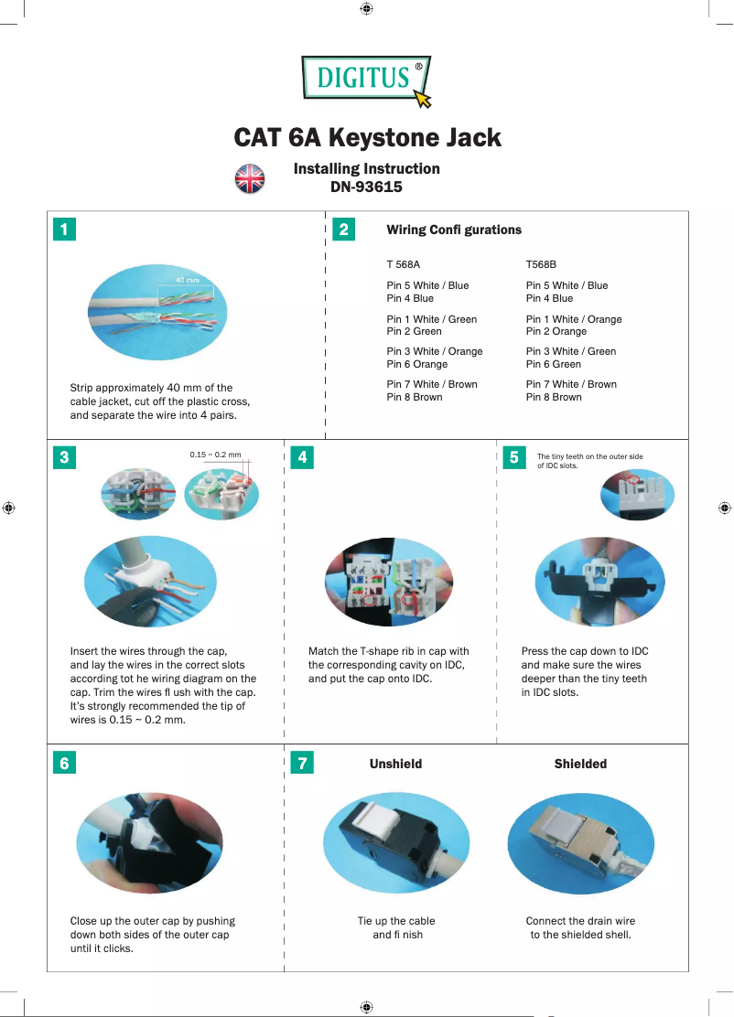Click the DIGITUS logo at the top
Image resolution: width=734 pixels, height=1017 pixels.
click(365, 79)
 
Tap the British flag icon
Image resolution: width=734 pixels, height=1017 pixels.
click(250, 178)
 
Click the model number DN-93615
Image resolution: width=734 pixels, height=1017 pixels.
click(366, 187)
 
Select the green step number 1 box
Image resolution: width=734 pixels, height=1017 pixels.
click(63, 230)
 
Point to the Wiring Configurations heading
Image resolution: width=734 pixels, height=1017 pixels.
click(454, 230)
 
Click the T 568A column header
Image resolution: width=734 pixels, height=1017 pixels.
click(403, 264)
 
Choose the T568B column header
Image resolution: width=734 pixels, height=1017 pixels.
click(541, 264)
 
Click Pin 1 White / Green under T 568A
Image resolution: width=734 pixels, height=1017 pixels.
click(431, 319)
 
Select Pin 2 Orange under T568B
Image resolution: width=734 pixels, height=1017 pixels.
click(556, 331)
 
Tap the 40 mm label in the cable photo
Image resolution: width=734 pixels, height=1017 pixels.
click(187, 280)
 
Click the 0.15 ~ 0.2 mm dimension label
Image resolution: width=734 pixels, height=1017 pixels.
click(215, 454)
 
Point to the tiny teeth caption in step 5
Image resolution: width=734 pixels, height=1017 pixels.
click(589, 460)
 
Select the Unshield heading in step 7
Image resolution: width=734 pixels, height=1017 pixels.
click(395, 764)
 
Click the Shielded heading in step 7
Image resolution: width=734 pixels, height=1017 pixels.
click(580, 764)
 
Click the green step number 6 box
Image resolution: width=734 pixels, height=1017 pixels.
click(63, 763)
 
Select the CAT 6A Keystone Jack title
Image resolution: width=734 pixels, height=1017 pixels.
click(367, 138)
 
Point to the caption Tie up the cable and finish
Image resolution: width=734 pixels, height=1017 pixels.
click(396, 927)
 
